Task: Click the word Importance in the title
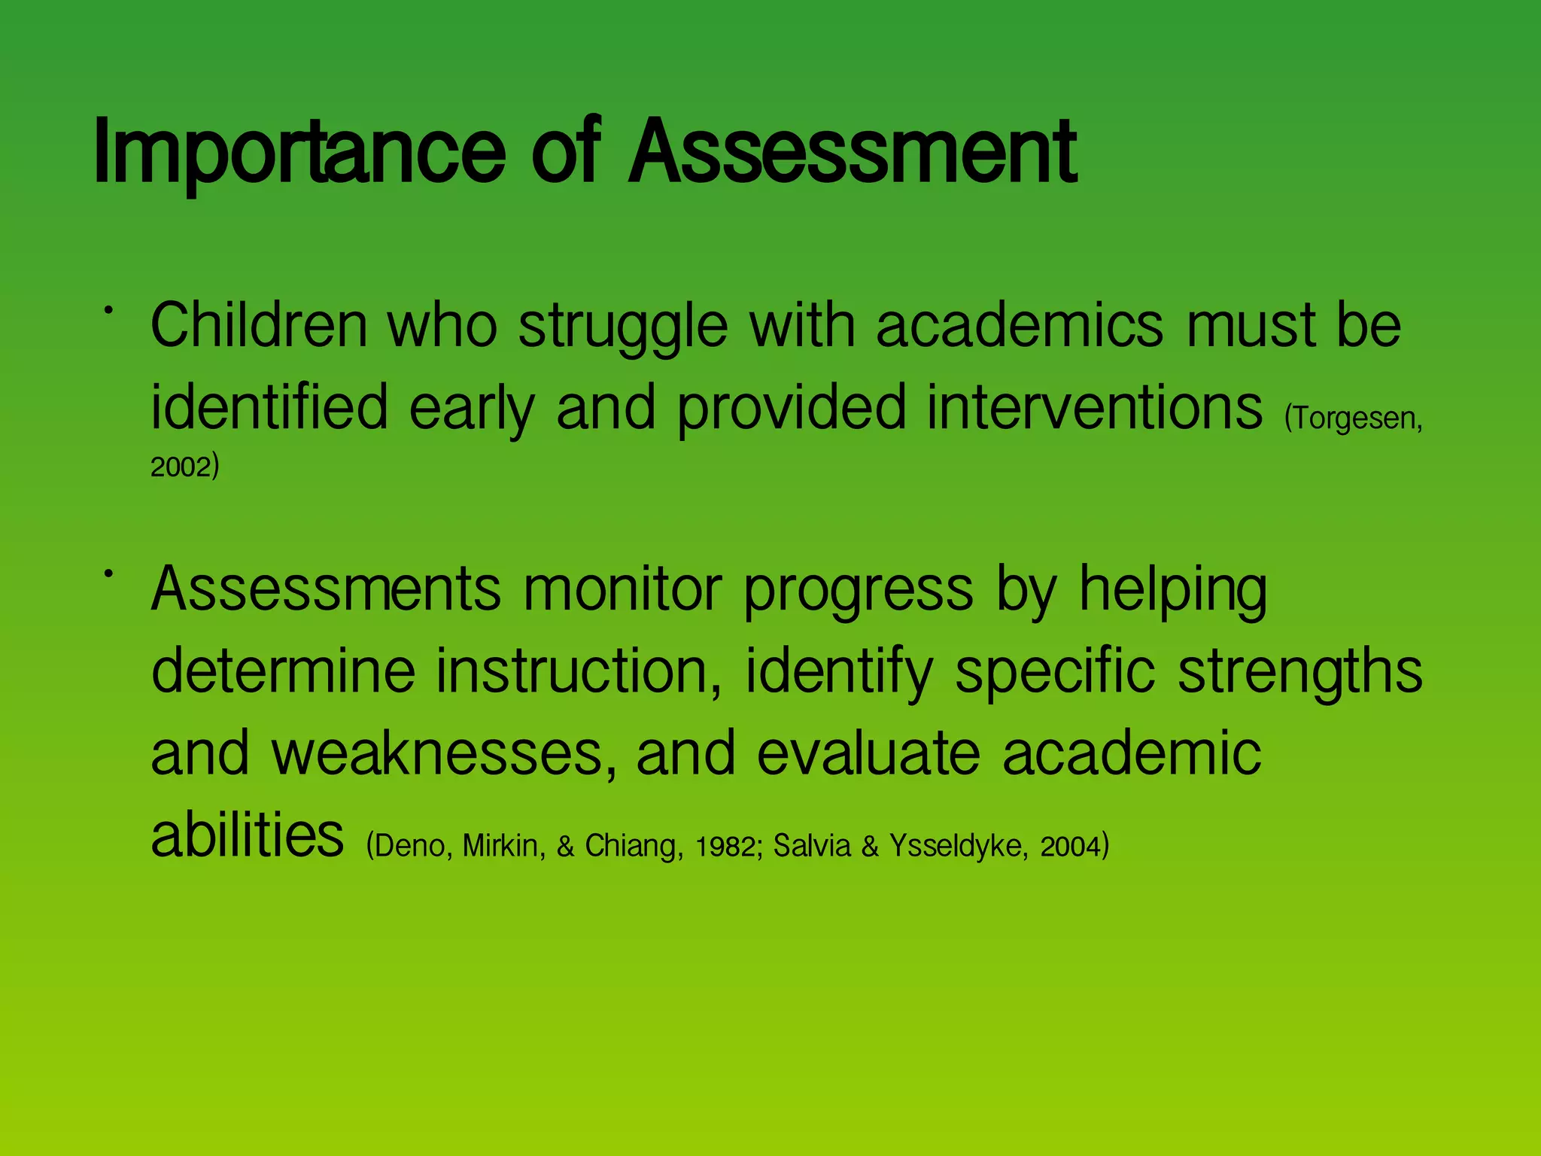pyautogui.click(x=299, y=152)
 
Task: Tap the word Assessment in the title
pyautogui.click(x=853, y=152)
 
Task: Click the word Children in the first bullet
pyautogui.click(x=259, y=325)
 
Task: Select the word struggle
pyautogui.click(x=623, y=328)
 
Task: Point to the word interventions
pyautogui.click(x=1094, y=407)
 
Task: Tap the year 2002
pyautogui.click(x=181, y=467)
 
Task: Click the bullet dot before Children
pyautogui.click(x=109, y=310)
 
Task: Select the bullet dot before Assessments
pyautogui.click(x=109, y=574)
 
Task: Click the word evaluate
pyautogui.click(x=868, y=753)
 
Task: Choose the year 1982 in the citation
pyautogui.click(x=725, y=847)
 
